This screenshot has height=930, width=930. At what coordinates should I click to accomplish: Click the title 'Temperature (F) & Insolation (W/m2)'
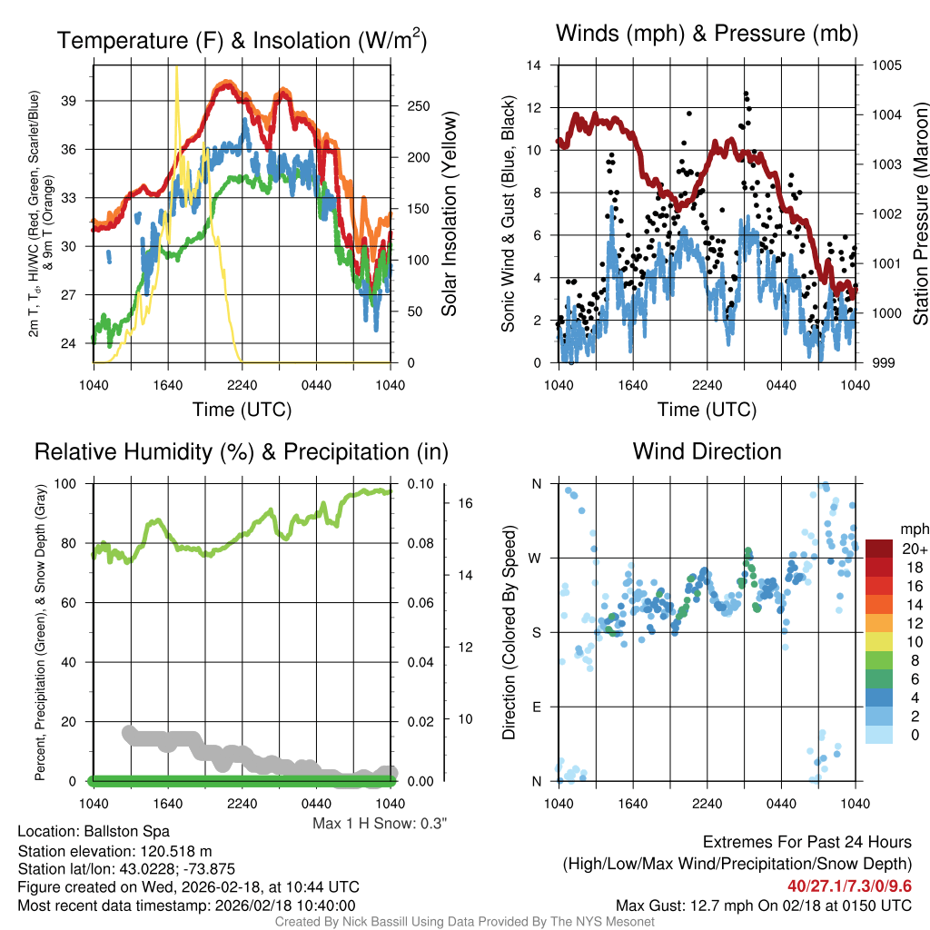click(x=242, y=40)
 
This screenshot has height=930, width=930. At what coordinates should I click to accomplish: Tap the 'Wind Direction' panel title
click(x=707, y=451)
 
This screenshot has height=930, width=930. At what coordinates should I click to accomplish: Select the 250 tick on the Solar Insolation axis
click(x=418, y=106)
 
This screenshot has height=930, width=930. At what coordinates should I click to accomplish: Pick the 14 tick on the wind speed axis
click(x=535, y=65)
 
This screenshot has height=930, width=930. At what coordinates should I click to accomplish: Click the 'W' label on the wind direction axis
click(x=536, y=558)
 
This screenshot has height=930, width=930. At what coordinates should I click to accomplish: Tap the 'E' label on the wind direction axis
click(x=536, y=707)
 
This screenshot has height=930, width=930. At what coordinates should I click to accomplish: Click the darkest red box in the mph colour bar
click(x=880, y=549)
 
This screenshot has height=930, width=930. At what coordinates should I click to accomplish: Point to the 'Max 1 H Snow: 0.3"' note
click(x=380, y=824)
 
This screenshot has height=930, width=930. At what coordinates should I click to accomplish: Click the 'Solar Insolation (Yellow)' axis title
click(x=449, y=214)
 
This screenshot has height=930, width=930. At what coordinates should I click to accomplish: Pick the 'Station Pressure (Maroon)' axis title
click(x=919, y=214)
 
